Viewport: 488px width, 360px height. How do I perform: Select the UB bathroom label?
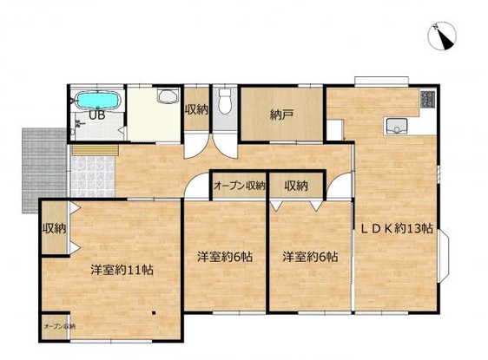pyautogui.click(x=93, y=114)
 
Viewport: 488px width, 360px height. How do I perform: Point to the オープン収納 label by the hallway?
pyautogui.click(x=239, y=185)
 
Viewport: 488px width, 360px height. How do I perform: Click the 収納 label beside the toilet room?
pyautogui.click(x=195, y=109)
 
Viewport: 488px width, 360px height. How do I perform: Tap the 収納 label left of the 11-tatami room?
pyautogui.click(x=54, y=229)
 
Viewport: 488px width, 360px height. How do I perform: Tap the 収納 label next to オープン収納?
pyautogui.click(x=295, y=185)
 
